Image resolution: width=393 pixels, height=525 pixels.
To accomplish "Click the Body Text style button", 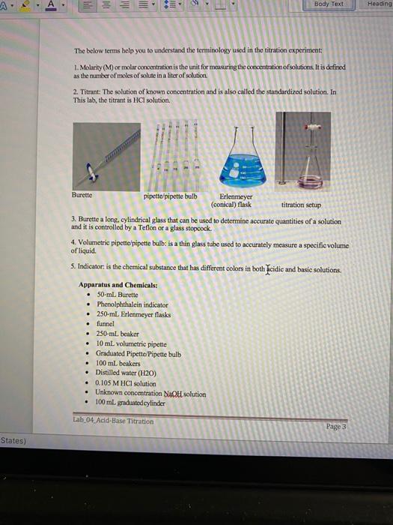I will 329,4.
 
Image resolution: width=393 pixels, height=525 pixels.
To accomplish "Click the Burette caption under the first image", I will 82,194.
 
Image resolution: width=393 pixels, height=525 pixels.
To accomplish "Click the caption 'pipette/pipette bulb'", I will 171,196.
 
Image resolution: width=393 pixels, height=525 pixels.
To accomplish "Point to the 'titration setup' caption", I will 301,204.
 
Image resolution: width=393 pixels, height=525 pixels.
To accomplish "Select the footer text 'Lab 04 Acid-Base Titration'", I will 114,421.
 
